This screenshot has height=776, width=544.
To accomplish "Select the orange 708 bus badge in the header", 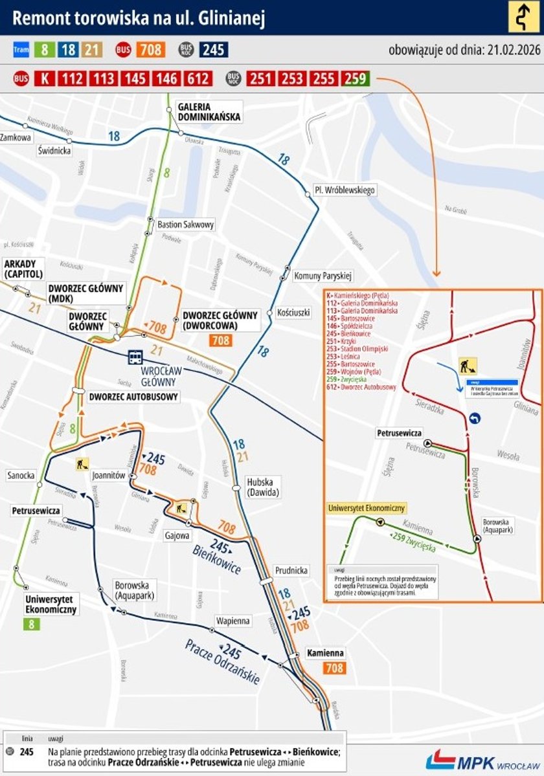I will pos(151,49).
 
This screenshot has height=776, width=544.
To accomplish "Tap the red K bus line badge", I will pos(44,79).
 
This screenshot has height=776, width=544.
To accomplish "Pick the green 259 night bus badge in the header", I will pos(356,79).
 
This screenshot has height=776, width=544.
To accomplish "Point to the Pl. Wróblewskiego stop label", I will pos(345,190).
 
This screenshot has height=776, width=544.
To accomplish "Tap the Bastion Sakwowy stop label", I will pos(185,225).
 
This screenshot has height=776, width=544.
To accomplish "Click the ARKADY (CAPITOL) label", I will pos(23,269).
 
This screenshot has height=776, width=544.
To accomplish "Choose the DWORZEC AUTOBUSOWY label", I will pos(134,396).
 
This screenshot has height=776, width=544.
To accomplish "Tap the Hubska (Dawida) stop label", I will pos(263,487).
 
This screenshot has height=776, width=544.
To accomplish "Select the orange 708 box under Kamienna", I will pos(334,668).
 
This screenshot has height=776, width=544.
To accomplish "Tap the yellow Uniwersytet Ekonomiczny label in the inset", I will pos(367,508).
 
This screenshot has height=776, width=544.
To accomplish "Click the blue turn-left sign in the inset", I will pos(476,419).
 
